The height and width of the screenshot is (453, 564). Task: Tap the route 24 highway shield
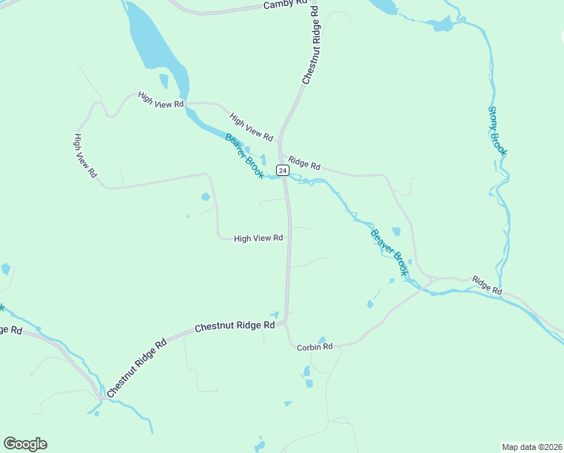click(282, 171)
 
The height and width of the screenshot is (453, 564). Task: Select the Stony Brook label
click(498, 131)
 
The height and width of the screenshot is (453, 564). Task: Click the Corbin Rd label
click(314, 347)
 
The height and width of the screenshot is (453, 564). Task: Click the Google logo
click(25, 444)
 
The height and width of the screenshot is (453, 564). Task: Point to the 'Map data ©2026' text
click(532, 447)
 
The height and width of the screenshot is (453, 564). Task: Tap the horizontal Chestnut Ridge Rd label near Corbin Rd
click(234, 327)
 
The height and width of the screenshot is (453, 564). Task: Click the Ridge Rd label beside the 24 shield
click(305, 164)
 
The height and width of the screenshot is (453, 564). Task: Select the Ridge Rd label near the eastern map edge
click(487, 285)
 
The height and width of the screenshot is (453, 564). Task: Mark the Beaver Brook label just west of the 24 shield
click(244, 156)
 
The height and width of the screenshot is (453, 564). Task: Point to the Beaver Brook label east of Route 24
click(389, 251)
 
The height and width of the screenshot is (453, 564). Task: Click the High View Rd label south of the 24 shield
click(258, 238)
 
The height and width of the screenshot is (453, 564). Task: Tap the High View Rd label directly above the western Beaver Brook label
click(251, 127)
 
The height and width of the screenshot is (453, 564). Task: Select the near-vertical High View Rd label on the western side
click(84, 156)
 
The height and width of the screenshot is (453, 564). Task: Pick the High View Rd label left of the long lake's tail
click(161, 100)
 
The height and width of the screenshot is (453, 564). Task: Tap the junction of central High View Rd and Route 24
click(288, 238)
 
